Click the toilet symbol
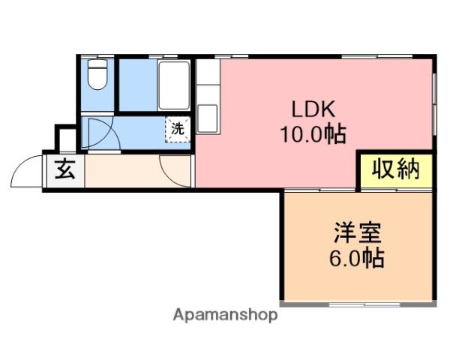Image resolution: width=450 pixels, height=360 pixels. pos(97,74)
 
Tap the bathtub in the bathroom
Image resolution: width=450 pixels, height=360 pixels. pos(174,85)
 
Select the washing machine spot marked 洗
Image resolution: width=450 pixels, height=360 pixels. pos(178,129)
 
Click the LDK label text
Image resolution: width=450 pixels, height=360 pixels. pos(313,109)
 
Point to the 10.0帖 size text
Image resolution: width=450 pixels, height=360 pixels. pos(313,134)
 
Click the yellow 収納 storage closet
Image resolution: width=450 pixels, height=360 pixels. pos(396,170)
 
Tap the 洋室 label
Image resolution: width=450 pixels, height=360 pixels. pos(357,232)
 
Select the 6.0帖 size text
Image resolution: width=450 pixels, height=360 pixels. pos(356,258)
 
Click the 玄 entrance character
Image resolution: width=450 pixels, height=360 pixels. pos(65,169)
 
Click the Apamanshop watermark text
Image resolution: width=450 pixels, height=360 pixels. pos(225,315)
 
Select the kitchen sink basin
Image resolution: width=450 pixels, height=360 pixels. pos(208,118)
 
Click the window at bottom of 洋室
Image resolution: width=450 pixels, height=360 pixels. pos(364,304)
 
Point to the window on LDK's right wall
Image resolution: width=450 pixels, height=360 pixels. pos(434,103)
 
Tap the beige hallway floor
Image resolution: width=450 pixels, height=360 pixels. pos(138,171)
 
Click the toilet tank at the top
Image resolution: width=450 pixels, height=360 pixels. pos(97,64)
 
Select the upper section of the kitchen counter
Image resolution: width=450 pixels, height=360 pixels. pos(208,72)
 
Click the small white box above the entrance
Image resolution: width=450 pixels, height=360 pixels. pos(67,140)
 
